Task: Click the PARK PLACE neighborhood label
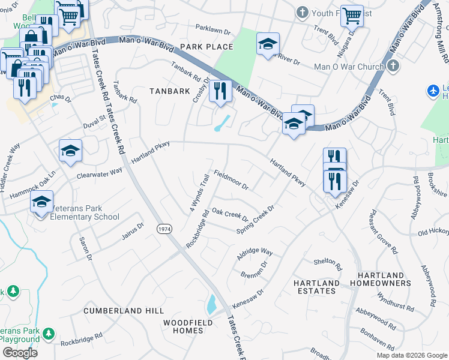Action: click(202, 46)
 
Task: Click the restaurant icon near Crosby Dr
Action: click(220, 91)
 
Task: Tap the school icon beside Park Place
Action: click(268, 44)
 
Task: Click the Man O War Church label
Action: click(349, 67)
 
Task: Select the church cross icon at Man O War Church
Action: click(394, 66)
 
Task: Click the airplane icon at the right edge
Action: click(433, 91)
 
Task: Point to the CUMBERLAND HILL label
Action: click(123, 311)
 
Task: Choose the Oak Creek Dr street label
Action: click(231, 215)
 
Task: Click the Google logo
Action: click(19, 353)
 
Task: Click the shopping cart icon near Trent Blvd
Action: click(352, 16)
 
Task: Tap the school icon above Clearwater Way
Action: click(70, 151)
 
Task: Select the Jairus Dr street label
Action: click(133, 231)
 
